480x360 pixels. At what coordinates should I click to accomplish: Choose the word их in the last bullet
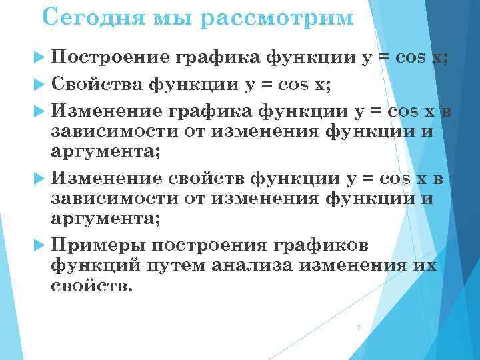(x=425, y=265)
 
